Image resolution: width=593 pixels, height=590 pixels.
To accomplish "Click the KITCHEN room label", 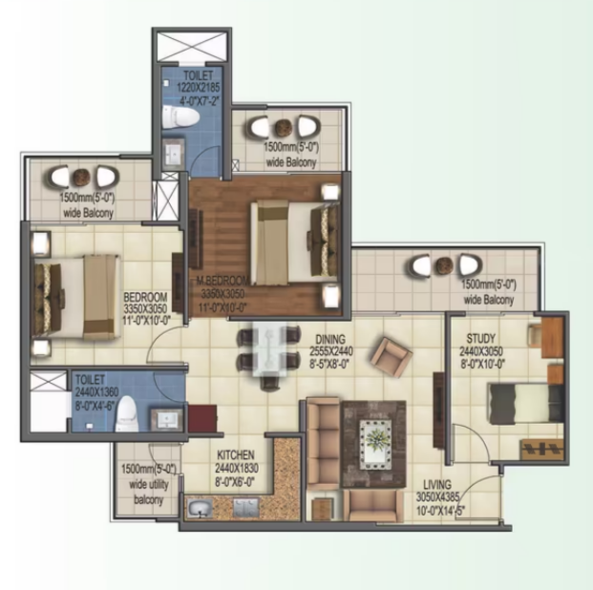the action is pos(236,454).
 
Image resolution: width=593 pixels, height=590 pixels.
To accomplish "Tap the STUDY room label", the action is pos(480,338).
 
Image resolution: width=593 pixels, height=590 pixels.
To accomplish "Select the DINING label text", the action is pos(330,339).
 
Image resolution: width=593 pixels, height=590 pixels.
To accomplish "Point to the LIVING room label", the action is pos(437,484).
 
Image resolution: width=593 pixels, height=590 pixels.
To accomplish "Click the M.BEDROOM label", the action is pos(222,281).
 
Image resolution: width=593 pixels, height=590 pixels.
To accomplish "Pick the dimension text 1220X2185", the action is pos(199,88).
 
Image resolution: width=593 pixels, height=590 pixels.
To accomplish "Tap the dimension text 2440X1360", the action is pos(96,392).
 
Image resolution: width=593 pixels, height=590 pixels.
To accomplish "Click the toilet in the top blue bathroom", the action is pos(180,116).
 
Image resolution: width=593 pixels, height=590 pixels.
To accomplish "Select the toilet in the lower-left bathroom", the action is pos(126,413).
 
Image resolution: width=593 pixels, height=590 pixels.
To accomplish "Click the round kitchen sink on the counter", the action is pos(200,508).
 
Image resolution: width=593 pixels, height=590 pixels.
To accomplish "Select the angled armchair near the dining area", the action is pos(392,357).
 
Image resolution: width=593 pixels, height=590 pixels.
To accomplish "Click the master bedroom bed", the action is pos(294,242).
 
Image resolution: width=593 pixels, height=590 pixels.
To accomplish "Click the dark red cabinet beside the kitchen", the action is pos(202,419).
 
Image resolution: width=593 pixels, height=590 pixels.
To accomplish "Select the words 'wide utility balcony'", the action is pos(149,492).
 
